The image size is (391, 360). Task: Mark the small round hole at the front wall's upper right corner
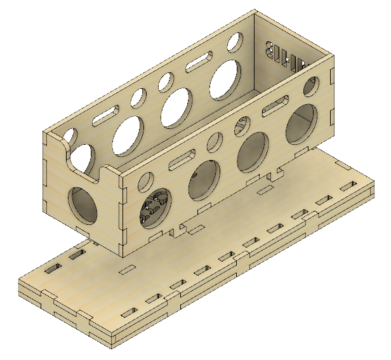[x=312, y=85]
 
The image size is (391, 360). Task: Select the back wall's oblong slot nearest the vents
[x=201, y=63]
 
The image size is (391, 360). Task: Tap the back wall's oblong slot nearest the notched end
[x=105, y=116]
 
